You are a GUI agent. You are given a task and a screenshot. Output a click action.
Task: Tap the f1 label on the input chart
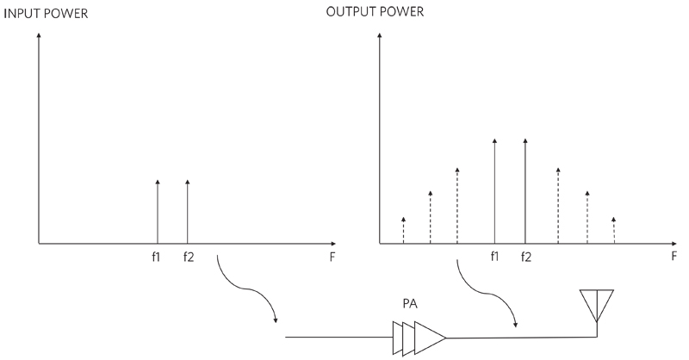[157, 257]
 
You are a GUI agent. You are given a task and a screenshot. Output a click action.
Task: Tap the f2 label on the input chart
[188, 257]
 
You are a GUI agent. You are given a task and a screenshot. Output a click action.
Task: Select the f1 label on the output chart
[494, 257]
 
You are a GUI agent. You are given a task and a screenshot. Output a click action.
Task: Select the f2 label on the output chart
[525, 257]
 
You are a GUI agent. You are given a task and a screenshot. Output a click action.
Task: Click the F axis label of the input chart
[331, 257]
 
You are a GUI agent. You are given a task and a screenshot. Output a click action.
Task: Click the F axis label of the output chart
[674, 257]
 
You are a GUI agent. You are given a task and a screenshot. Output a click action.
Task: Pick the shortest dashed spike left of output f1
[403, 230]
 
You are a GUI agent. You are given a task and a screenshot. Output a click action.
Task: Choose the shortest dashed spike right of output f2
[613, 230]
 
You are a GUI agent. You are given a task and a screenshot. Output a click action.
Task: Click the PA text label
[411, 304]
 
